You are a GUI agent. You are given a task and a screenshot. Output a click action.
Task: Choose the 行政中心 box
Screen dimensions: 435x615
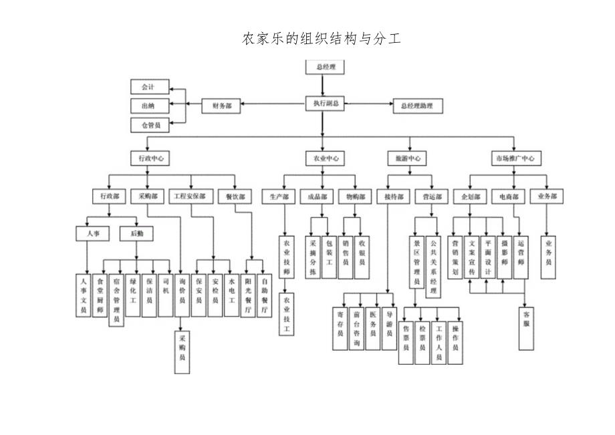click(x=150, y=158)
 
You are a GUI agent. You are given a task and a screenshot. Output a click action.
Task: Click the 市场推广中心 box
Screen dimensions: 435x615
click(x=514, y=158)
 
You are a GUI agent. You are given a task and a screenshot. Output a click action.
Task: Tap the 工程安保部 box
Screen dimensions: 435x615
click(x=192, y=197)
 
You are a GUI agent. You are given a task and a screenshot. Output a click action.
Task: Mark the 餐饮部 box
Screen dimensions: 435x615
click(x=235, y=197)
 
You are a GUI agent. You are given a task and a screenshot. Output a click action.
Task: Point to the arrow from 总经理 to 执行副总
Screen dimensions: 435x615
click(x=323, y=86)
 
